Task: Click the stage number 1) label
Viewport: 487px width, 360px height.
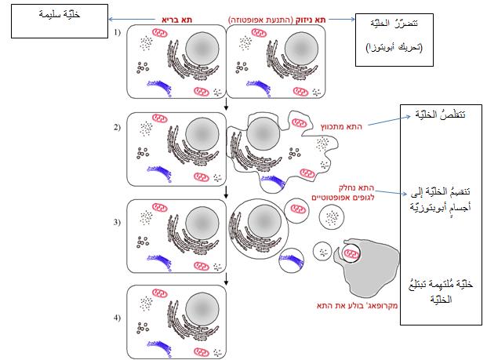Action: coord(118,34)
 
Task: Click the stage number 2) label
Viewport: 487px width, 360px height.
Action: coord(118,125)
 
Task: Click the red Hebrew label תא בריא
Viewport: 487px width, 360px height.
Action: coord(177,18)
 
